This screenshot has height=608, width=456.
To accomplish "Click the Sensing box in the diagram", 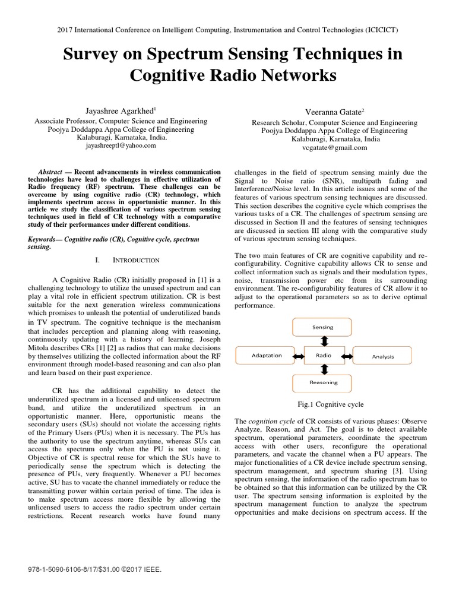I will tap(322, 327).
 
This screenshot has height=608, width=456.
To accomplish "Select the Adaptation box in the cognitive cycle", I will tap(267, 355).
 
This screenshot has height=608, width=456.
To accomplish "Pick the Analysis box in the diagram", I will tap(382, 356).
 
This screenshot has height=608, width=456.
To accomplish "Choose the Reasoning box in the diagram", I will tap(322, 382).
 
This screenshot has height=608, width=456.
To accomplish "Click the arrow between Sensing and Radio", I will tap(324, 341).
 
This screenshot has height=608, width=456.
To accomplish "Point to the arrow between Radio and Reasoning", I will tap(324, 369).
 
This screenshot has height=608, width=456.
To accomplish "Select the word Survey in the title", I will tap(94, 54).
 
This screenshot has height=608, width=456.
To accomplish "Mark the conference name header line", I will tap(228, 28).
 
